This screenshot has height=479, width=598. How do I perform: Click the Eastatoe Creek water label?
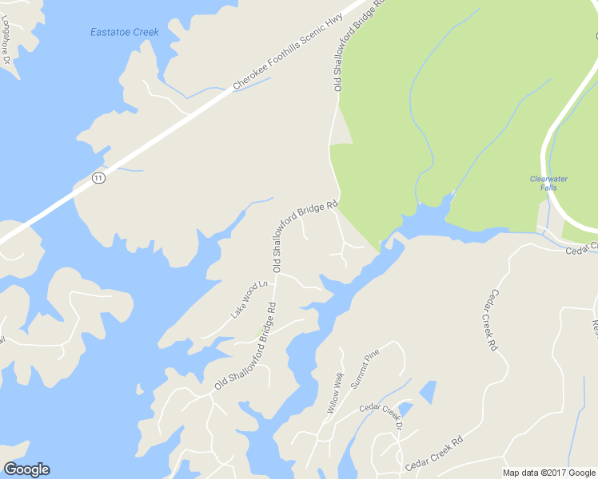pyautogui.click(x=124, y=33)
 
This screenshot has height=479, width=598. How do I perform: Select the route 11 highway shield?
pyautogui.click(x=98, y=177)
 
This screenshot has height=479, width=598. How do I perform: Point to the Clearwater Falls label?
pyautogui.click(x=548, y=183)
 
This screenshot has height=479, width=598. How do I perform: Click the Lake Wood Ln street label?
pyautogui.click(x=248, y=299)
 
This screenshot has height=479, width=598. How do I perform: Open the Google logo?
pyautogui.click(x=26, y=469)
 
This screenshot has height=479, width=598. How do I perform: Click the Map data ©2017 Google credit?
pyautogui.click(x=549, y=473)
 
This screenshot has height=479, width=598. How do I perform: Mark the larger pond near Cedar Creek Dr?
pyautogui.click(x=429, y=391)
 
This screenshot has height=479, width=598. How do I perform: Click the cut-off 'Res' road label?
pyautogui.click(x=594, y=327)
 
